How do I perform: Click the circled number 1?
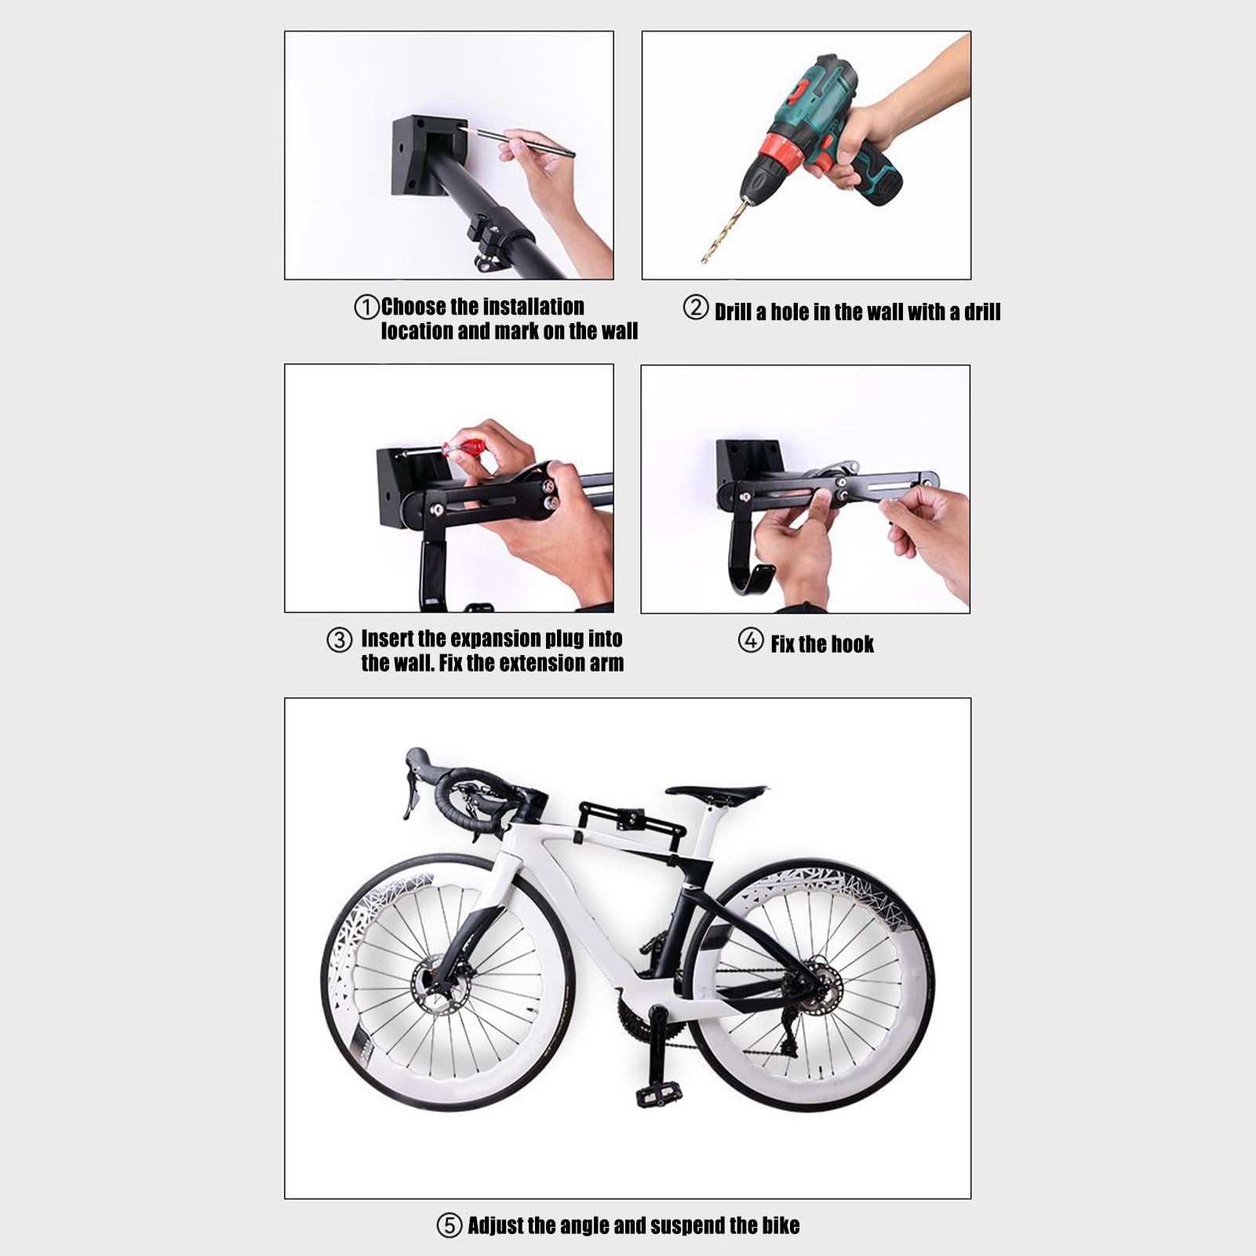coord(366,307)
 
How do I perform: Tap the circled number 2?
coord(696,307)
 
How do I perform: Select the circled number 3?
coord(339,640)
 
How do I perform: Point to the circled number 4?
coord(751,640)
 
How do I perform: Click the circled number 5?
coord(449,1225)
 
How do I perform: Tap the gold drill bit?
coord(721,230)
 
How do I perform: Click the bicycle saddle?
coord(716,792)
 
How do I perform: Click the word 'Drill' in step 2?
coord(733,312)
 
